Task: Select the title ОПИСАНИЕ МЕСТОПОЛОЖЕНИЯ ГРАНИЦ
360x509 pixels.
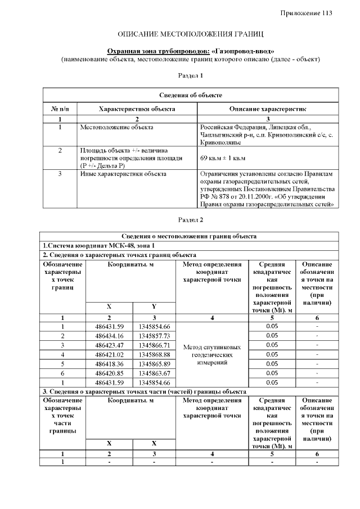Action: tap(190, 35)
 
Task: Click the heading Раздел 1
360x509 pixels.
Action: tap(190, 75)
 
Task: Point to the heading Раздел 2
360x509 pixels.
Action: tap(190, 219)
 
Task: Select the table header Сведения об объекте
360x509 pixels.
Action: tap(190, 95)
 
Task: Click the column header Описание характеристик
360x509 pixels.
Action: tap(267, 109)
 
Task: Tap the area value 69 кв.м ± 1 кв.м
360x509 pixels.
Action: tap(223, 159)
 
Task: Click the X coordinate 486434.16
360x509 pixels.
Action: tap(109, 336)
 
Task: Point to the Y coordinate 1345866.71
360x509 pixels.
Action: tap(154, 345)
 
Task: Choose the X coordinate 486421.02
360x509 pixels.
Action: tap(109, 354)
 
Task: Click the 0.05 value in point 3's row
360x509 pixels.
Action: tap(272, 345)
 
